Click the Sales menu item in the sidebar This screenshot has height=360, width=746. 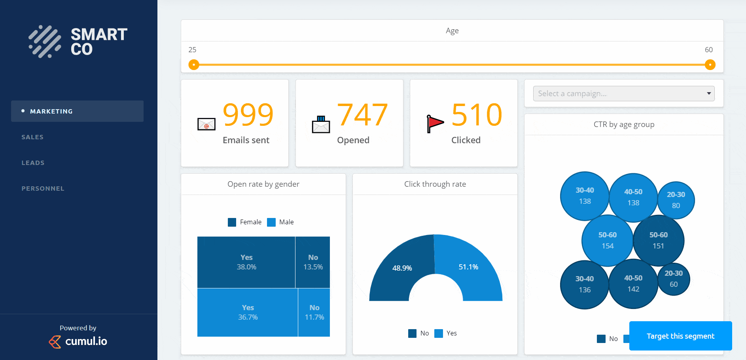click(32, 137)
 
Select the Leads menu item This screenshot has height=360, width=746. click(33, 163)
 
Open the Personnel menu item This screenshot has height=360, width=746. click(43, 188)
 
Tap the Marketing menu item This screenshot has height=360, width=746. click(51, 111)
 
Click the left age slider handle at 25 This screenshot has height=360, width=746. click(194, 64)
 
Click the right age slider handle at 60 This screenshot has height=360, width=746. click(710, 64)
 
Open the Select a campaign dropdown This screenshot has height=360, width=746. click(623, 93)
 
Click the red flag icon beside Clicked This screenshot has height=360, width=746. click(435, 123)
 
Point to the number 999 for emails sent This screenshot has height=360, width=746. click(248, 115)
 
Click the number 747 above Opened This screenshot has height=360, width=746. click(362, 115)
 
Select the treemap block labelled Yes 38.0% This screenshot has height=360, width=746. click(246, 262)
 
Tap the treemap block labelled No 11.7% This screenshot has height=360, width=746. click(314, 312)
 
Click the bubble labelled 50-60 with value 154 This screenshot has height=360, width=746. click(607, 240)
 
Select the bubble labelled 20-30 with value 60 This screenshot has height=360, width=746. click(674, 279)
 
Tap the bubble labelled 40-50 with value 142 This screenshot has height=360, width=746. click(633, 284)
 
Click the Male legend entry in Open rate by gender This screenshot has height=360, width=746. click(281, 222)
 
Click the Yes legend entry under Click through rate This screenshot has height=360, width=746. click(446, 333)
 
